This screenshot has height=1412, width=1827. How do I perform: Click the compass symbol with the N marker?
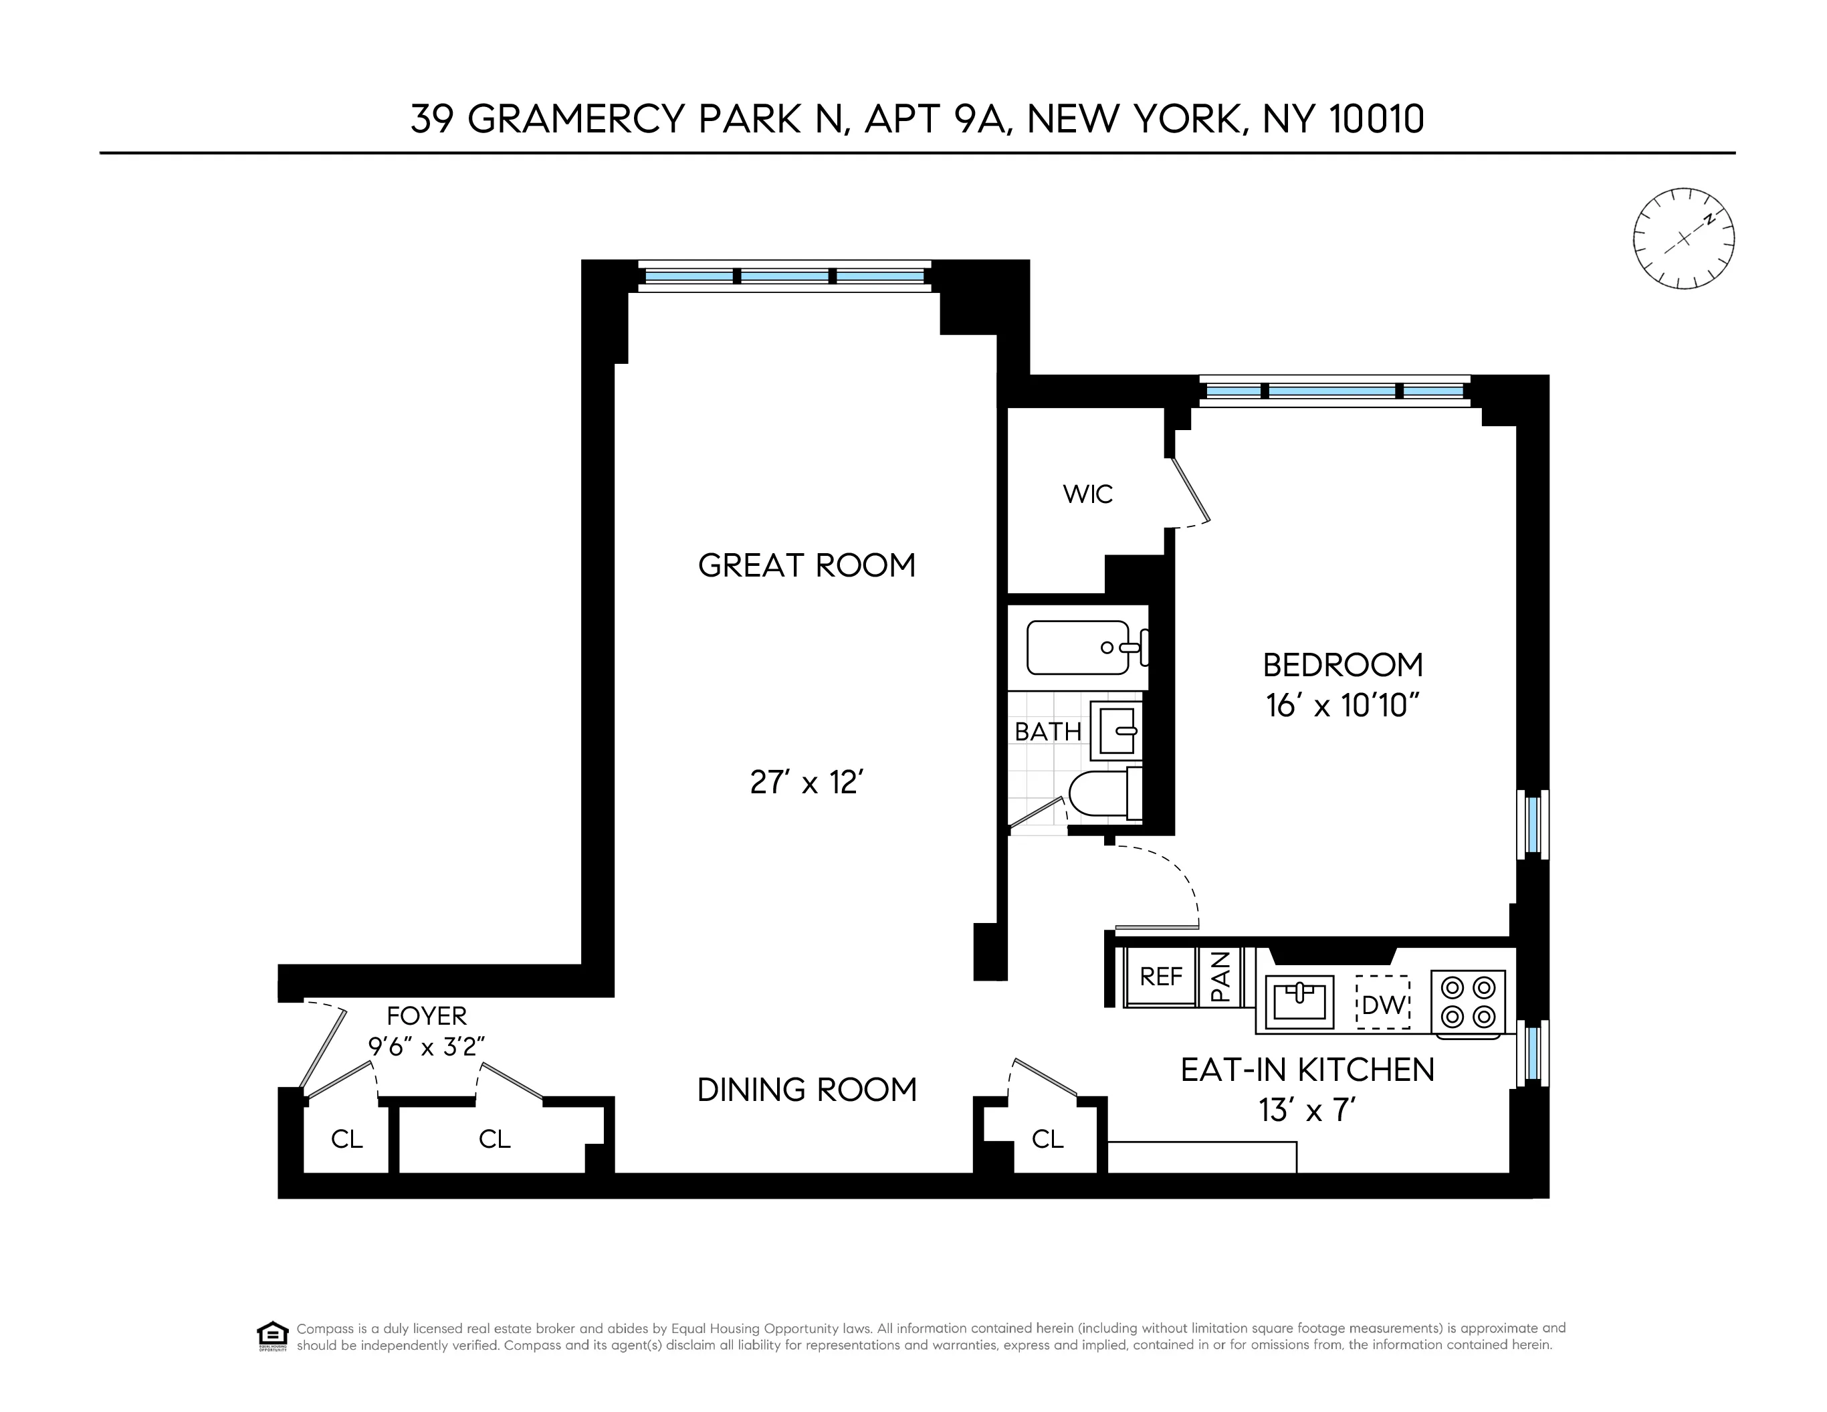[1683, 238]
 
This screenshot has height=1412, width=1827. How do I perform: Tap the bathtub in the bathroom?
[1079, 647]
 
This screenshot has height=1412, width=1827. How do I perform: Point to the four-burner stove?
[1468, 1002]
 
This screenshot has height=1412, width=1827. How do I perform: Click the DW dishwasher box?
[1383, 1003]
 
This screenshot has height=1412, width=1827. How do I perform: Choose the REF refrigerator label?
[1160, 976]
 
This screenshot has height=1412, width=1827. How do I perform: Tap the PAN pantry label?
[1220, 976]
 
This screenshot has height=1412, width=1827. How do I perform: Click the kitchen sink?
[1298, 1001]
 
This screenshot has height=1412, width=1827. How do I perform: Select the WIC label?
[1087, 494]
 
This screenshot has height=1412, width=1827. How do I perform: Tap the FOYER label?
[427, 1015]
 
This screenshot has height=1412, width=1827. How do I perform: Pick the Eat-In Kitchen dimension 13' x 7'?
[1307, 1111]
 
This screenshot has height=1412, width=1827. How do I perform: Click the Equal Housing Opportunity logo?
[273, 1336]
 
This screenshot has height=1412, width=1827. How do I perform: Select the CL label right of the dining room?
[1047, 1138]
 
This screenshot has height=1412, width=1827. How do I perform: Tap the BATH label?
[1047, 732]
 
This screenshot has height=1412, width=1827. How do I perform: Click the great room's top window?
[784, 276]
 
